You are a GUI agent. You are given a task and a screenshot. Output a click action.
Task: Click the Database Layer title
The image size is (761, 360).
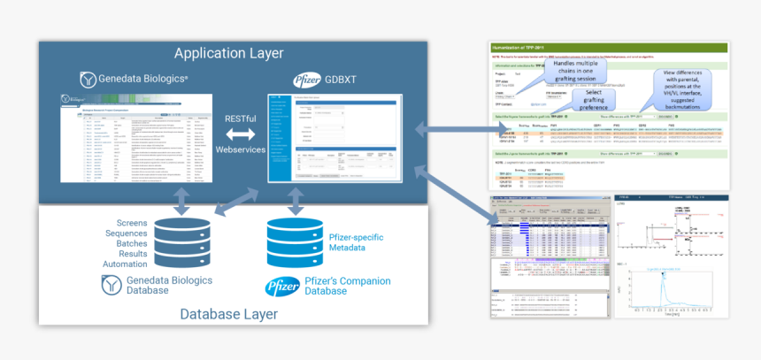(x=228, y=314)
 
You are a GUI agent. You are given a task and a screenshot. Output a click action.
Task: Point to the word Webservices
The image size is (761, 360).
(x=240, y=149)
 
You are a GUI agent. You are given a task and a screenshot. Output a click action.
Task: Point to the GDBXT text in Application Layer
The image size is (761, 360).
(x=337, y=80)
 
